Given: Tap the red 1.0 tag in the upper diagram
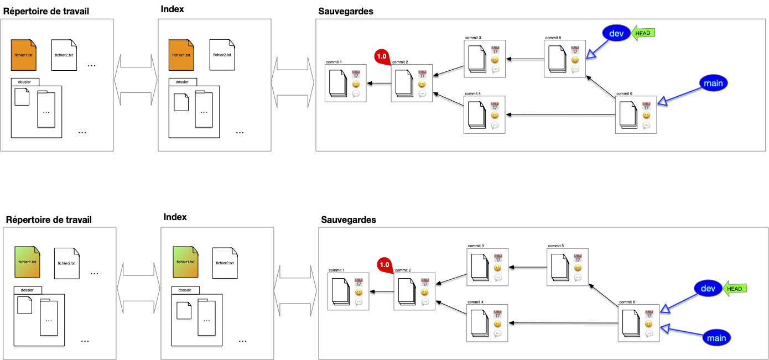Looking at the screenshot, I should pyautogui.click(x=382, y=56).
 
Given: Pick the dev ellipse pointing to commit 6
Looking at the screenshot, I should pyautogui.click(x=708, y=288).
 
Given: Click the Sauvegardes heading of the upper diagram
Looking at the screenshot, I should pyautogui.click(x=346, y=11).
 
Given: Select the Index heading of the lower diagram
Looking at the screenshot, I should pyautogui.click(x=175, y=217).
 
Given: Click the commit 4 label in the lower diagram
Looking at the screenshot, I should pyautogui.click(x=475, y=302).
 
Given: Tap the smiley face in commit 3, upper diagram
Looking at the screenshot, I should pyautogui.click(x=495, y=60).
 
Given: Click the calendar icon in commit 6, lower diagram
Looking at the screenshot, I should pyautogui.click(x=648, y=314).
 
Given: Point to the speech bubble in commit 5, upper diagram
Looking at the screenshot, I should pyautogui.click(x=575, y=70).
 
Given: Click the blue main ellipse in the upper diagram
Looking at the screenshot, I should pyautogui.click(x=713, y=84).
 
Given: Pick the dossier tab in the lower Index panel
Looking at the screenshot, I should pyautogui.click(x=185, y=290).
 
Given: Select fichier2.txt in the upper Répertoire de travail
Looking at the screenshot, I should pyautogui.click(x=64, y=55).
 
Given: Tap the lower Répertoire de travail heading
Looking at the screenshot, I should pyautogui.click(x=49, y=220).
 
